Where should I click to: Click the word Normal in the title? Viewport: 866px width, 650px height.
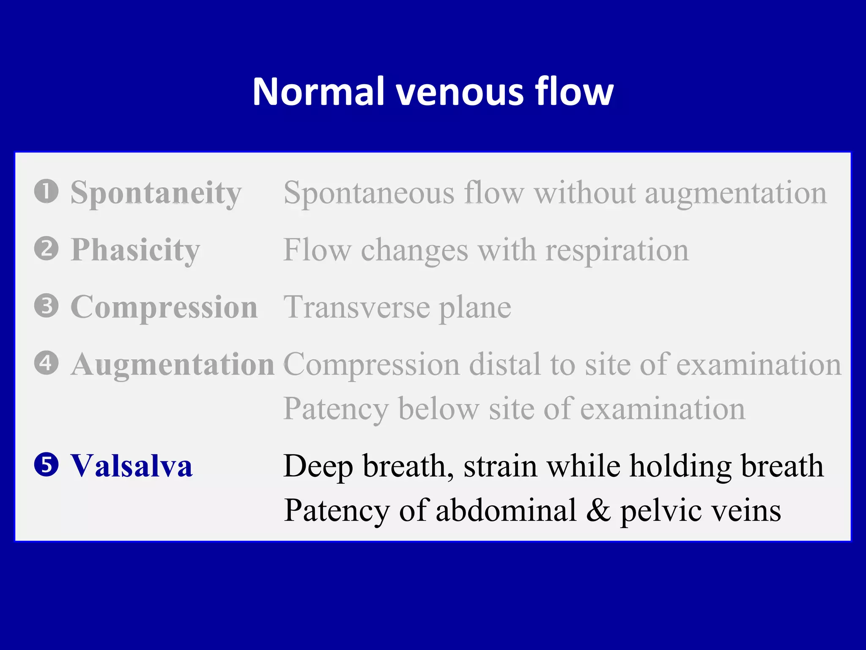pos(318,91)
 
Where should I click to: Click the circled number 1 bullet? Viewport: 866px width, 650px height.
pos(46,191)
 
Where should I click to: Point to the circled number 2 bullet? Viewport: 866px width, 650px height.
pos(46,249)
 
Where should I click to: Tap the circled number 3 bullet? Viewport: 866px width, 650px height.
pos(46,306)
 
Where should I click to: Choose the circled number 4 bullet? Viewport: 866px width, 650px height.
pos(46,363)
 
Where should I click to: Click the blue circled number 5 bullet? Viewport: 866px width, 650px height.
pos(46,465)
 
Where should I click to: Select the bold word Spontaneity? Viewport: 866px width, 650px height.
pos(156,193)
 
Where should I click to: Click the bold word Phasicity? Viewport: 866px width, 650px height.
pos(135,251)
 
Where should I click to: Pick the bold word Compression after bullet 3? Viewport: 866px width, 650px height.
pos(164,308)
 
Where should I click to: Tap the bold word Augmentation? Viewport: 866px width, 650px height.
pos(173,365)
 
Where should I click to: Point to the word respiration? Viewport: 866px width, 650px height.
pos(617,251)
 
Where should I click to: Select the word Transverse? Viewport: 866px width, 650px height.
pos(356,308)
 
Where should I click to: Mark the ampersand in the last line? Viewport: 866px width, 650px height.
pos(598,510)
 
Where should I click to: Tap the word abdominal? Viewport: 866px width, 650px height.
pos(506,510)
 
